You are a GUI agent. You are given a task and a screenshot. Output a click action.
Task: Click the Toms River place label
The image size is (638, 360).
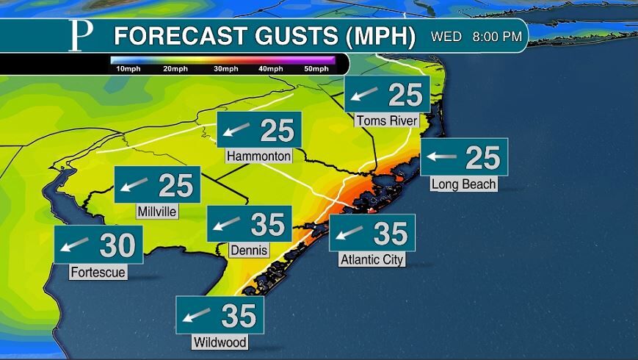coord(386,120)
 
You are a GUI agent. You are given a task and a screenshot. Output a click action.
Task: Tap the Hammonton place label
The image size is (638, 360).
coord(258,156)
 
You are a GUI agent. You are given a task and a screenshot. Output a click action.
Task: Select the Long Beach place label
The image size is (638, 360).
coord(463,184)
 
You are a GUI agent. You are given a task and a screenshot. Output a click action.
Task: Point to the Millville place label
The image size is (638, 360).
coord(157,212)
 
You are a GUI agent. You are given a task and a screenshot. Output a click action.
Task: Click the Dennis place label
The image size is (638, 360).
coord(249,251)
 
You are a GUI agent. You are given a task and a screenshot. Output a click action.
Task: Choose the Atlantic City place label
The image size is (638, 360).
coord(372,259)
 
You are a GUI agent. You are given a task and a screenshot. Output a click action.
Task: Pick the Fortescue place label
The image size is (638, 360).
coord(98,273)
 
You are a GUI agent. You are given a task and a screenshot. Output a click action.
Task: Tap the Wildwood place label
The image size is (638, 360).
coord(219,342)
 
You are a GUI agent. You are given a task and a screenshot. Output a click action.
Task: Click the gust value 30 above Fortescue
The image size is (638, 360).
coord(117,245)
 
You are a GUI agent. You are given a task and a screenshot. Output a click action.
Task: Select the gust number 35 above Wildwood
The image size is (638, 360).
coord(239,316)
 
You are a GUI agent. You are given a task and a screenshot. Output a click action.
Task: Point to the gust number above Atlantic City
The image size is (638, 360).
coord(391,234)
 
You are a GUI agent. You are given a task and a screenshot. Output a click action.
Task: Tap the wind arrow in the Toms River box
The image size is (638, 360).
coord(365,94)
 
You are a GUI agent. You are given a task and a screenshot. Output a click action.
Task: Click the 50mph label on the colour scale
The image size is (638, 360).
coord(316,69)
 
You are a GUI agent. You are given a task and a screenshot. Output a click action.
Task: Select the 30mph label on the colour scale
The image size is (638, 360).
coord(225,69)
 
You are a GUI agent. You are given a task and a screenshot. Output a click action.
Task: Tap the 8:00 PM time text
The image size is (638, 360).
coord(497,35)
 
